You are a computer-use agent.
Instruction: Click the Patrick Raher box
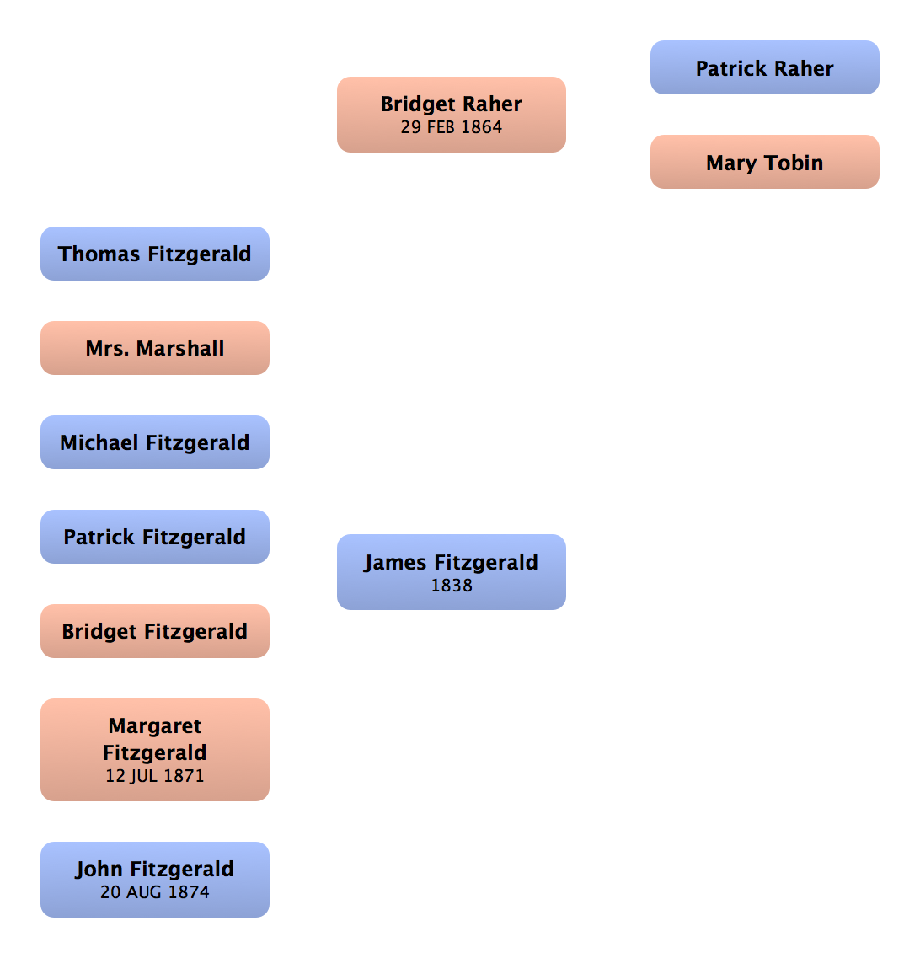tap(764, 68)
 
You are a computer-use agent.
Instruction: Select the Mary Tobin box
tap(764, 163)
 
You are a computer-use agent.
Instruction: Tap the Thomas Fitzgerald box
tap(155, 254)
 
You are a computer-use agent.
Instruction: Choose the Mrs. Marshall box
tap(155, 348)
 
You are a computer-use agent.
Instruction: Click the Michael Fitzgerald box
tap(155, 442)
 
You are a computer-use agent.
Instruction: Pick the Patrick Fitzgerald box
tap(155, 537)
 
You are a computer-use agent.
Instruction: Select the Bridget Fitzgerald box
tap(155, 631)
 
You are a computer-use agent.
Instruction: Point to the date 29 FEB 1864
tap(452, 127)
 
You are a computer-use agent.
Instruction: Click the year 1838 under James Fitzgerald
tap(452, 585)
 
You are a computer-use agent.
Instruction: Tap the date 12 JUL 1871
tap(155, 776)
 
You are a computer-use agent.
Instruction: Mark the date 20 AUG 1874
tap(155, 892)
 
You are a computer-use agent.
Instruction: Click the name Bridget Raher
tap(452, 104)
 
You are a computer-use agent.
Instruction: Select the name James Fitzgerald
tap(452, 563)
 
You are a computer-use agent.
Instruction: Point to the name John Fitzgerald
tap(155, 870)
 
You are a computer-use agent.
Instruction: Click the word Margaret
tap(155, 726)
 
